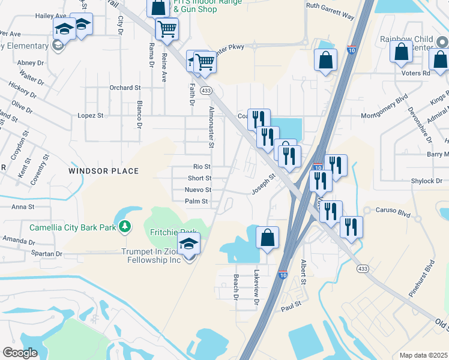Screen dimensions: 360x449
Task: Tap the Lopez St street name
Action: pyautogui.click(x=91, y=115)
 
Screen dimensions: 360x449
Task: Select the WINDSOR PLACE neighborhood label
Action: pyautogui.click(x=103, y=171)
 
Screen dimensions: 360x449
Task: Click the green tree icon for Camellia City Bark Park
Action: pyautogui.click(x=124, y=227)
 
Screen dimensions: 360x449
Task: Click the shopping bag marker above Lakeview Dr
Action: pyautogui.click(x=267, y=237)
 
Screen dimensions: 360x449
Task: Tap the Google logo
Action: pyautogui.click(x=20, y=353)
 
